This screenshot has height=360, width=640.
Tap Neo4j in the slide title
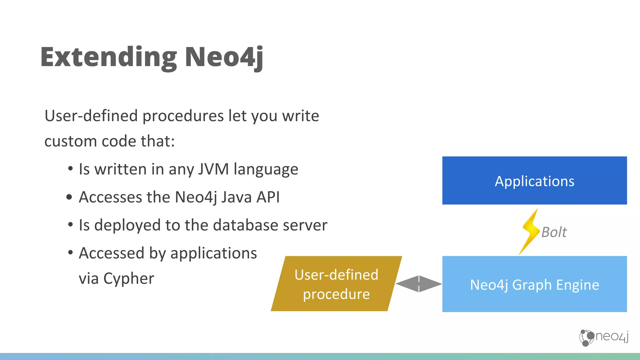tap(224, 57)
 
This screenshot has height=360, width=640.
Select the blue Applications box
tap(534, 181)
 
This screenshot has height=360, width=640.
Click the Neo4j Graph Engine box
tap(534, 284)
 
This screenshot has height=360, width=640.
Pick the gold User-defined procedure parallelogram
tap(336, 284)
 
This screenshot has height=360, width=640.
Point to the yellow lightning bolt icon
tap(530, 232)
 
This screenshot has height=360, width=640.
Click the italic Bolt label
tap(554, 232)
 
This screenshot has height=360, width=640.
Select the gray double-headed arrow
tap(419, 284)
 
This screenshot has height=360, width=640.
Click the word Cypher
tap(128, 279)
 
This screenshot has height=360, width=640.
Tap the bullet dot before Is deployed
tap(70, 224)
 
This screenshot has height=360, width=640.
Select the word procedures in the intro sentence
tap(183, 116)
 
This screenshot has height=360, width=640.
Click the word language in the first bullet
tap(266, 170)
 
